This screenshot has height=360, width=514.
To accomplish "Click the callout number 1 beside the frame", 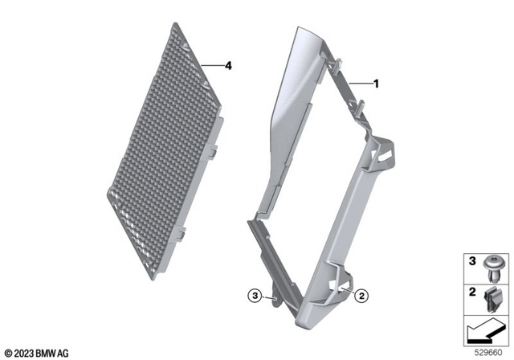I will tap(375, 83).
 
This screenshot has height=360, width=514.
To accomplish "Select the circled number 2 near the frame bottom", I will tap(361, 296).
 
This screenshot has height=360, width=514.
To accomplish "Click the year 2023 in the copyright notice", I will tap(22, 352).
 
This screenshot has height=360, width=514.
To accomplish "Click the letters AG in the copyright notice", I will tap(63, 352).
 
